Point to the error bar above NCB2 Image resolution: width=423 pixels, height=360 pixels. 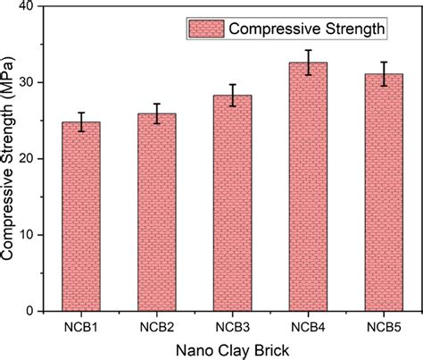coord(156,113)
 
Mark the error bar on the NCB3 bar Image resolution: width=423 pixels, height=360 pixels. coord(232,96)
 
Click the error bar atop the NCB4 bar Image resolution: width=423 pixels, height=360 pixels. coord(307,63)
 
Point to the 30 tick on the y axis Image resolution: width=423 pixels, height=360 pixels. coord(33,83)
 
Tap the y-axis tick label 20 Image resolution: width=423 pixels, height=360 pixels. coord(33,159)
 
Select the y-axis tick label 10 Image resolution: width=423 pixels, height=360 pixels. coord(33,235)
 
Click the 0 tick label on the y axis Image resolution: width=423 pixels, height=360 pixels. coord(37,311)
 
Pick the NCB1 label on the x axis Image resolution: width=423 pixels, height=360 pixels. coord(80,326)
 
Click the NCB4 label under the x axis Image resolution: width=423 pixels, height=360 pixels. coord(307,326)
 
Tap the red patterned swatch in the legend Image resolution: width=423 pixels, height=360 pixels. coord(204,29)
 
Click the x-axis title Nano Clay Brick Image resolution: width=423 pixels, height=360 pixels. coord(229,348)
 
